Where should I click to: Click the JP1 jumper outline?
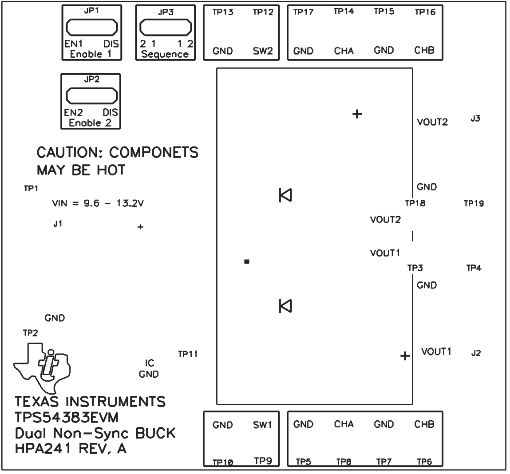point(91,28)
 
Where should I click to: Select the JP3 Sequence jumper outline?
point(165,28)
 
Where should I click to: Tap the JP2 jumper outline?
point(91,95)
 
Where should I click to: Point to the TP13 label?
point(223,12)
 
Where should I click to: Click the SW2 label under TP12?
point(263,51)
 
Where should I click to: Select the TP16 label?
point(425,12)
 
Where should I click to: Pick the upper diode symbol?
point(285,195)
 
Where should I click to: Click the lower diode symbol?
point(285,306)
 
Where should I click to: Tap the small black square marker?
point(247,262)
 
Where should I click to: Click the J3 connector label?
point(475,119)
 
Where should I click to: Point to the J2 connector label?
point(476,353)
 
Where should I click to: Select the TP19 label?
point(474,204)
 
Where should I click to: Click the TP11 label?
point(187,354)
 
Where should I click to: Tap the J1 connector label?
point(57,224)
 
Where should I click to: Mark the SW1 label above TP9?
point(262,425)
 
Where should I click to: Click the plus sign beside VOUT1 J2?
point(404,356)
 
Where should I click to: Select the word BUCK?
point(155,433)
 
